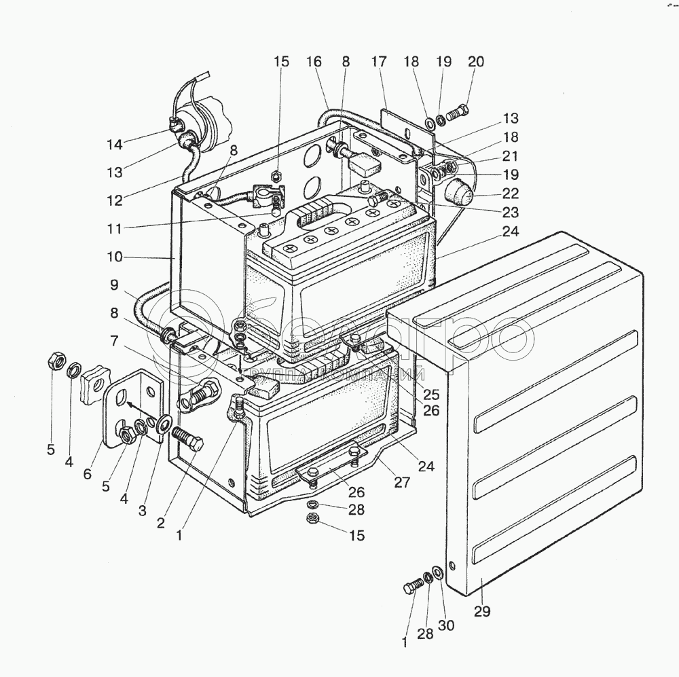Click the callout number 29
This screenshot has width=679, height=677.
[x=481, y=611]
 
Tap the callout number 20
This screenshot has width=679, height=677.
[x=476, y=62]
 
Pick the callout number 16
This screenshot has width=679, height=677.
[x=314, y=62]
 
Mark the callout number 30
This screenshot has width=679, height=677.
[x=446, y=625]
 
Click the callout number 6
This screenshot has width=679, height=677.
[x=87, y=475]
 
